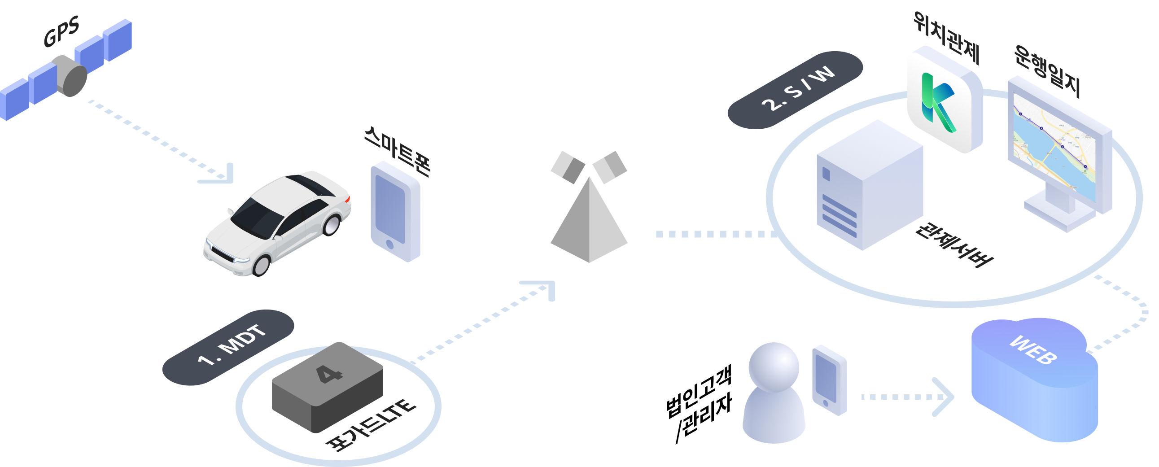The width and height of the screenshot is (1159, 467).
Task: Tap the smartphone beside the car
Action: (x=395, y=211)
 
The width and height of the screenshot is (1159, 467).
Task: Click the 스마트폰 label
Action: (x=397, y=151)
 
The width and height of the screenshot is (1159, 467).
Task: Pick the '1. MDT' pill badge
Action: (x=228, y=347)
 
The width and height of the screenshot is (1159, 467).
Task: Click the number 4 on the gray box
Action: (x=329, y=374)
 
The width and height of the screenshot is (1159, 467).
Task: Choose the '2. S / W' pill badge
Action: (x=795, y=90)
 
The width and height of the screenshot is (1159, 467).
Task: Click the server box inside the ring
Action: (x=868, y=185)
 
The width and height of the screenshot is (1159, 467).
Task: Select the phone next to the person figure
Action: (x=829, y=380)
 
